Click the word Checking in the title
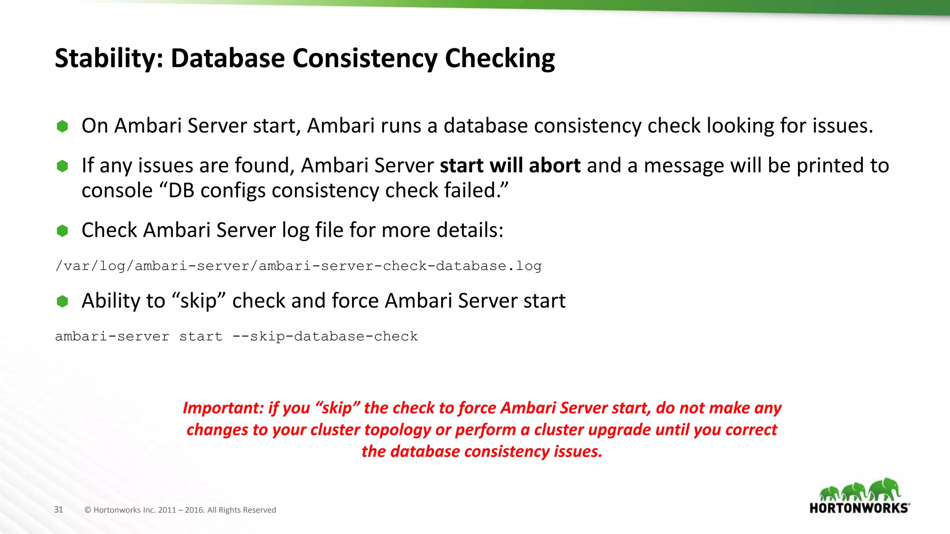tap(500, 59)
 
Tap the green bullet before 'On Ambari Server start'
tap(62, 126)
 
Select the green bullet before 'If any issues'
tap(62, 166)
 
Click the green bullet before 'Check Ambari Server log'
tap(62, 230)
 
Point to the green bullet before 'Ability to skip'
tap(62, 301)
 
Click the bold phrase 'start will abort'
tap(510, 165)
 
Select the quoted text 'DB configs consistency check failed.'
tap(337, 191)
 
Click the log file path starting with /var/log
tap(298, 266)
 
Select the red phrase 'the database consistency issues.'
tap(481, 451)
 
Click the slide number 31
tap(58, 509)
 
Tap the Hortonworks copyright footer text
tap(180, 510)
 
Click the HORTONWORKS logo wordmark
tap(859, 508)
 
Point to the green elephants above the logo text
tap(860, 490)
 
